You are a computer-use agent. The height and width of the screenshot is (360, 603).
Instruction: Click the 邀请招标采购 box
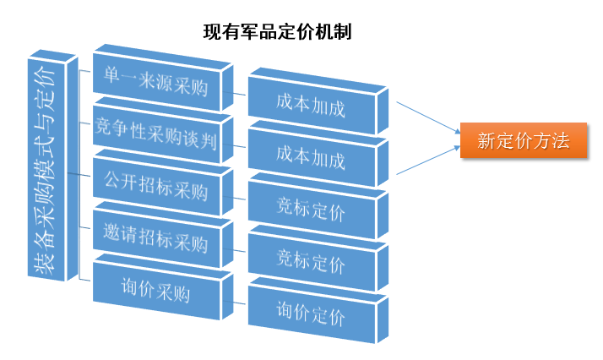[x=156, y=241]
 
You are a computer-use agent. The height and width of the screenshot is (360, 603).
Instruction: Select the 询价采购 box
[x=156, y=292]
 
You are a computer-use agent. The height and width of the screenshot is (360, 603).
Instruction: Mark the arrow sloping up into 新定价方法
[x=426, y=162]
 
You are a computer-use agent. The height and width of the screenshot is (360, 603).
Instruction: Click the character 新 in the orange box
[x=486, y=141]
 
